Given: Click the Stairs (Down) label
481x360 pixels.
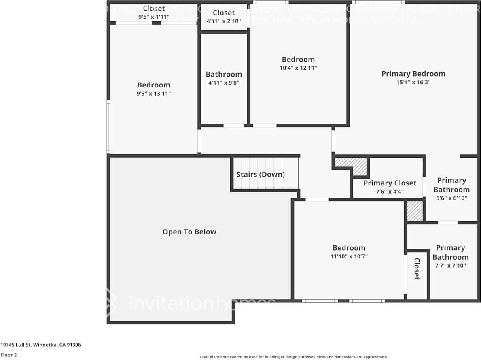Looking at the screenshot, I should click(261, 175).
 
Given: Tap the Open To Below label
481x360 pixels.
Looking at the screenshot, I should click(189, 232).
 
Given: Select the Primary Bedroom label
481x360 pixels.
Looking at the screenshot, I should click(413, 74).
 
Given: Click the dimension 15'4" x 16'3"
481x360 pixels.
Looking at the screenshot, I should click(413, 82).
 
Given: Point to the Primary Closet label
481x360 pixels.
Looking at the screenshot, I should click(390, 183).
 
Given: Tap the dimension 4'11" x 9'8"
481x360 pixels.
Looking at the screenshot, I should click(224, 83).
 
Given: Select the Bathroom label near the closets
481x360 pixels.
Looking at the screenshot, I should click(224, 74).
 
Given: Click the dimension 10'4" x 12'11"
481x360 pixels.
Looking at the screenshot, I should click(298, 68).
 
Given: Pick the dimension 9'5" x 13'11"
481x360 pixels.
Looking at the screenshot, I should click(154, 94).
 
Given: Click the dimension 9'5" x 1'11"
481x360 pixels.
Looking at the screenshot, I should click(154, 17).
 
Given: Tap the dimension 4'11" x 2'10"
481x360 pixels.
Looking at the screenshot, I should click(224, 21).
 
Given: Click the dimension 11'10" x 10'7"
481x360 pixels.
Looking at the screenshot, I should click(349, 256).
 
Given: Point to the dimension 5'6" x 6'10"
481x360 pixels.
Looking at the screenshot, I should click(451, 198).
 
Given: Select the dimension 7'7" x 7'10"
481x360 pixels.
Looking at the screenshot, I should click(450, 266).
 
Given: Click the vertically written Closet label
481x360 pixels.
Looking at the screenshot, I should click(416, 269).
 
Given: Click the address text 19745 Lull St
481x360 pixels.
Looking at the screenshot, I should click(40, 345).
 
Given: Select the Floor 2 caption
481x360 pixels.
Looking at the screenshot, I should click(8, 355).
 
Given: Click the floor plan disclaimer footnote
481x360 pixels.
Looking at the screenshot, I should click(293, 357).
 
